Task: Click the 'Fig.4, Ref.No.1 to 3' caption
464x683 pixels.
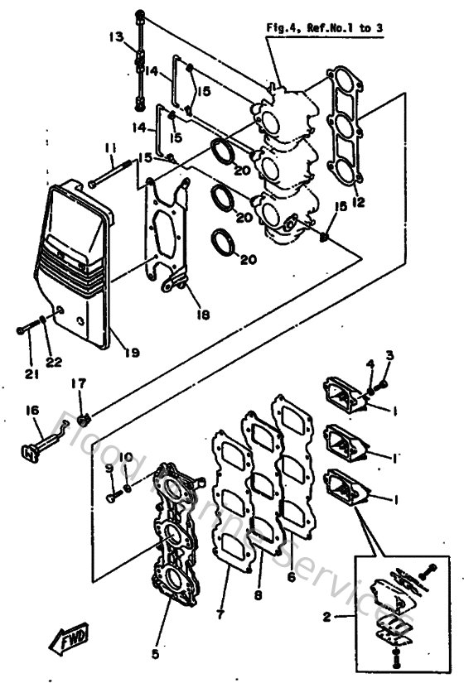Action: pyautogui.click(x=329, y=27)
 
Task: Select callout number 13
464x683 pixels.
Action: pyautogui.click(x=115, y=37)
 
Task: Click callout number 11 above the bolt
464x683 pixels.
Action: pyautogui.click(x=109, y=148)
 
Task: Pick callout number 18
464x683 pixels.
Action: pyautogui.click(x=192, y=315)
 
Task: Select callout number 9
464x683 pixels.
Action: pyautogui.click(x=109, y=468)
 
